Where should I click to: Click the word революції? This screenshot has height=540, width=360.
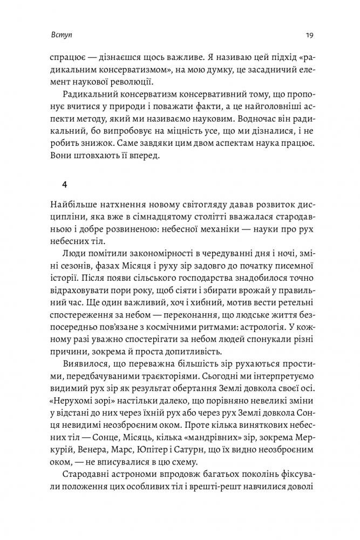[x=130, y=82]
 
